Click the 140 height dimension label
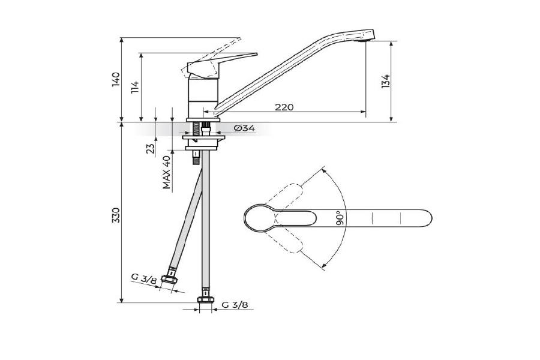(116, 80)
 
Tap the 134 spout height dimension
(386, 82)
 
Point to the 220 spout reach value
(284, 107)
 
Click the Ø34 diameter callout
(245, 128)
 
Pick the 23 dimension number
(151, 148)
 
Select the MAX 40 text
(167, 172)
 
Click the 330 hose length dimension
(116, 215)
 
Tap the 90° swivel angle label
(340, 218)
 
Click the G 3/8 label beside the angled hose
(144, 278)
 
